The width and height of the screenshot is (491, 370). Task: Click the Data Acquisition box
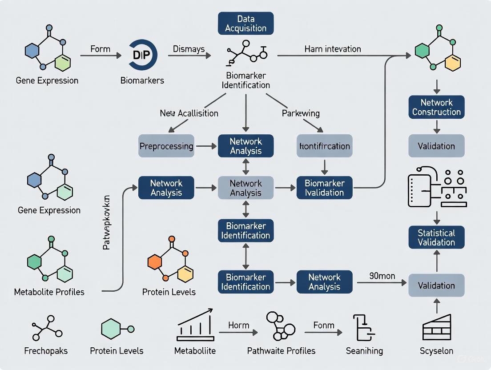(x=245, y=24)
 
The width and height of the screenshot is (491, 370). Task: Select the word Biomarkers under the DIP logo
(x=142, y=80)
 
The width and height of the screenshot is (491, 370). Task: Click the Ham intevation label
(x=333, y=49)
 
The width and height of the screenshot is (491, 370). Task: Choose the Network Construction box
(x=436, y=107)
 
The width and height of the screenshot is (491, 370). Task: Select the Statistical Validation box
(x=436, y=237)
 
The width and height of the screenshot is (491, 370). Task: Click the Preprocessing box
(x=166, y=146)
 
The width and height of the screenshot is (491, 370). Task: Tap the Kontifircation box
(x=324, y=146)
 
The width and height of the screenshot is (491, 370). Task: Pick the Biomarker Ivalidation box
(x=324, y=188)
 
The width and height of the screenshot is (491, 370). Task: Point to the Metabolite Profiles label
(x=49, y=292)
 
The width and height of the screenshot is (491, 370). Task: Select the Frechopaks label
(x=46, y=351)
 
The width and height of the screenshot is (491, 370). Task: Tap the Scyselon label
(x=436, y=351)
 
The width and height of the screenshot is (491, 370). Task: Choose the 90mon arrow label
(x=382, y=276)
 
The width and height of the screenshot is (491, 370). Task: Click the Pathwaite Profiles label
(x=281, y=351)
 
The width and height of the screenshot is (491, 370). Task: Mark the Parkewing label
(x=301, y=113)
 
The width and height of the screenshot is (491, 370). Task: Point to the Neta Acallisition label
(x=189, y=113)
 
